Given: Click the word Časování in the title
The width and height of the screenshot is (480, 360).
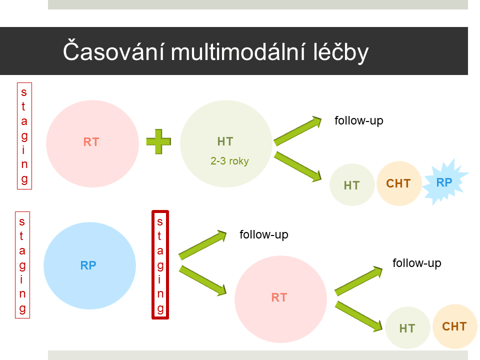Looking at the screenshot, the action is [114, 51].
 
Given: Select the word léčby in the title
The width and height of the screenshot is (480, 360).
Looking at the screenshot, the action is [340, 51].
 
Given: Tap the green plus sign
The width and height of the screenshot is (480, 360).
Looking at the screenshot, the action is [158, 141].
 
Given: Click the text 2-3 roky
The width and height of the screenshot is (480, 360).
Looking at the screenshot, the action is [229, 160].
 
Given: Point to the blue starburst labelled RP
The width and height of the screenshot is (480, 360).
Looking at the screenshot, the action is [445, 182].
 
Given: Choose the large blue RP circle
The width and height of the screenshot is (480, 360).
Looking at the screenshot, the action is [89, 265].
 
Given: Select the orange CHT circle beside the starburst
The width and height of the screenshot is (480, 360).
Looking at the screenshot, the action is [399, 183].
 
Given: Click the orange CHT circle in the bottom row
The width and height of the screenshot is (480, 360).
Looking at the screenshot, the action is [455, 326].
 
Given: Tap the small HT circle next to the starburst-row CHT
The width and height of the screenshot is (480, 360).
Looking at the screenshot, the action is [352, 185].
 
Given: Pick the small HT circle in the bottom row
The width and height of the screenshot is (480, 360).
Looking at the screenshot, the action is [407, 328].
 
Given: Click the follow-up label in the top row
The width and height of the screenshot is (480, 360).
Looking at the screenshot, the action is [359, 120].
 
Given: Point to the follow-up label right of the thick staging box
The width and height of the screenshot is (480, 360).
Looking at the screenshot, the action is [264, 234].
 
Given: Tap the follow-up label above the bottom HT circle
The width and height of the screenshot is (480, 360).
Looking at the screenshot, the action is [417, 263].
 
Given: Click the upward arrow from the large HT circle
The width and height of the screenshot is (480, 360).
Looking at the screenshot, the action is [297, 130].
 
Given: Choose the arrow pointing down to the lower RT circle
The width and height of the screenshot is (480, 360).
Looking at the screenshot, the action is [202, 280].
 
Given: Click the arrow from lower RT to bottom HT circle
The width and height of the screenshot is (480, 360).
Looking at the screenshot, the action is [359, 316].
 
